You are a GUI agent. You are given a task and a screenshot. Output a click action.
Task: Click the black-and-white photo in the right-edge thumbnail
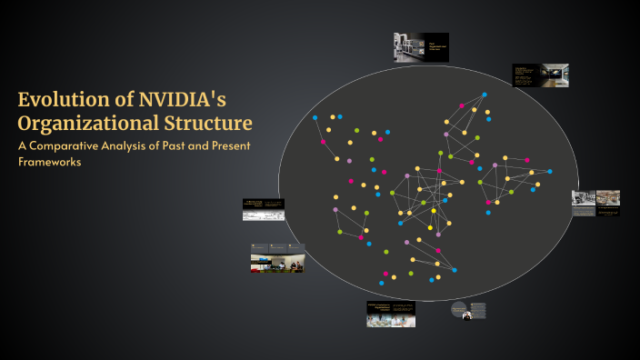click(x=583, y=197)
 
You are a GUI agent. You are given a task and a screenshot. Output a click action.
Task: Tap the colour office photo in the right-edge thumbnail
click(x=608, y=197)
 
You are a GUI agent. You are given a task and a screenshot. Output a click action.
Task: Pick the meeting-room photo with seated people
click(x=277, y=264)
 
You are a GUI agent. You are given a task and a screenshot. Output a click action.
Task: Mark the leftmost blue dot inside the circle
click(x=315, y=118)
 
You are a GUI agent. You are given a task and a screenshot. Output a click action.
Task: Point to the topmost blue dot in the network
click(x=485, y=95)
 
